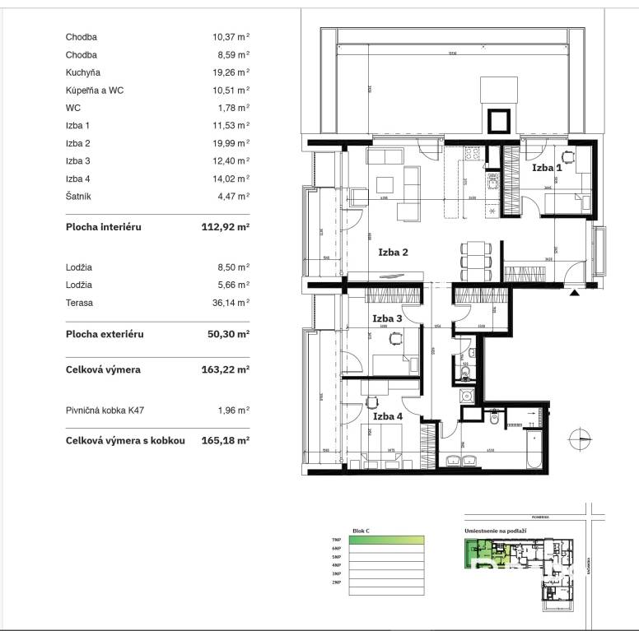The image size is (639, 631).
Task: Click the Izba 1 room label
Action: [547, 167]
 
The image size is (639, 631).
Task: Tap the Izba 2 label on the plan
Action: [393, 253]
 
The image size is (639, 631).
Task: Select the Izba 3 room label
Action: [387, 318]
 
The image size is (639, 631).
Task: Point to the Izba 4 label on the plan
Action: [387, 416]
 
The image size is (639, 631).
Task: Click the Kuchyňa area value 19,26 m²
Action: [231, 72]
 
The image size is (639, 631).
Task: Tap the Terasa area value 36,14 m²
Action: [231, 303]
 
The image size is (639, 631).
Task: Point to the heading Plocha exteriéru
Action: [105, 335]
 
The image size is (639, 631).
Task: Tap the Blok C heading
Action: [361, 531]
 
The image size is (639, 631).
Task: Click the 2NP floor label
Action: [336, 582]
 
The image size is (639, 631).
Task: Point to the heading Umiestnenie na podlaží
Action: [492, 531]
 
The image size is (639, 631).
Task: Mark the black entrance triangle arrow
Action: [575, 290]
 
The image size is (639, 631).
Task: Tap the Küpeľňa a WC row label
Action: [95, 90]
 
